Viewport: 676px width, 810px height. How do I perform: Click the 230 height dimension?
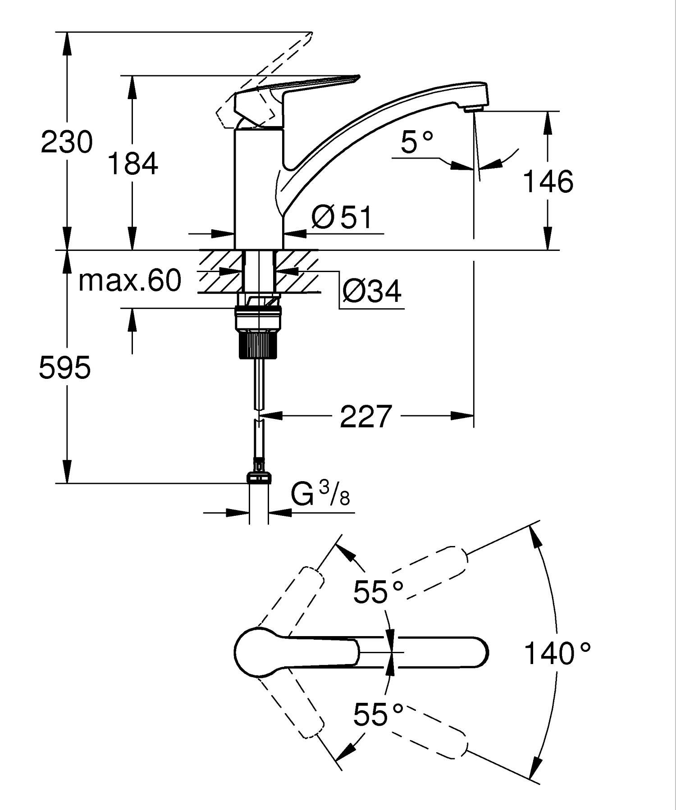tap(67, 142)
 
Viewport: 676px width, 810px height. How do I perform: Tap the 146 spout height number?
tap(548, 182)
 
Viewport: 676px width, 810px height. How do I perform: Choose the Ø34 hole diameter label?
tap(372, 291)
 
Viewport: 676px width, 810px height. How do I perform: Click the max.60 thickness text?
tap(130, 280)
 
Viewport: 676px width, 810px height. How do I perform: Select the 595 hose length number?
tap(65, 367)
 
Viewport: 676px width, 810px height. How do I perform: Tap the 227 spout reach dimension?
tap(365, 416)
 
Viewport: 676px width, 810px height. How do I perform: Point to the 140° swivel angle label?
tap(557, 653)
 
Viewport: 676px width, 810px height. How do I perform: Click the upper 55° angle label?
tap(378, 591)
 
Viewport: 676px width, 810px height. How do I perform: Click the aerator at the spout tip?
tap(473, 108)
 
